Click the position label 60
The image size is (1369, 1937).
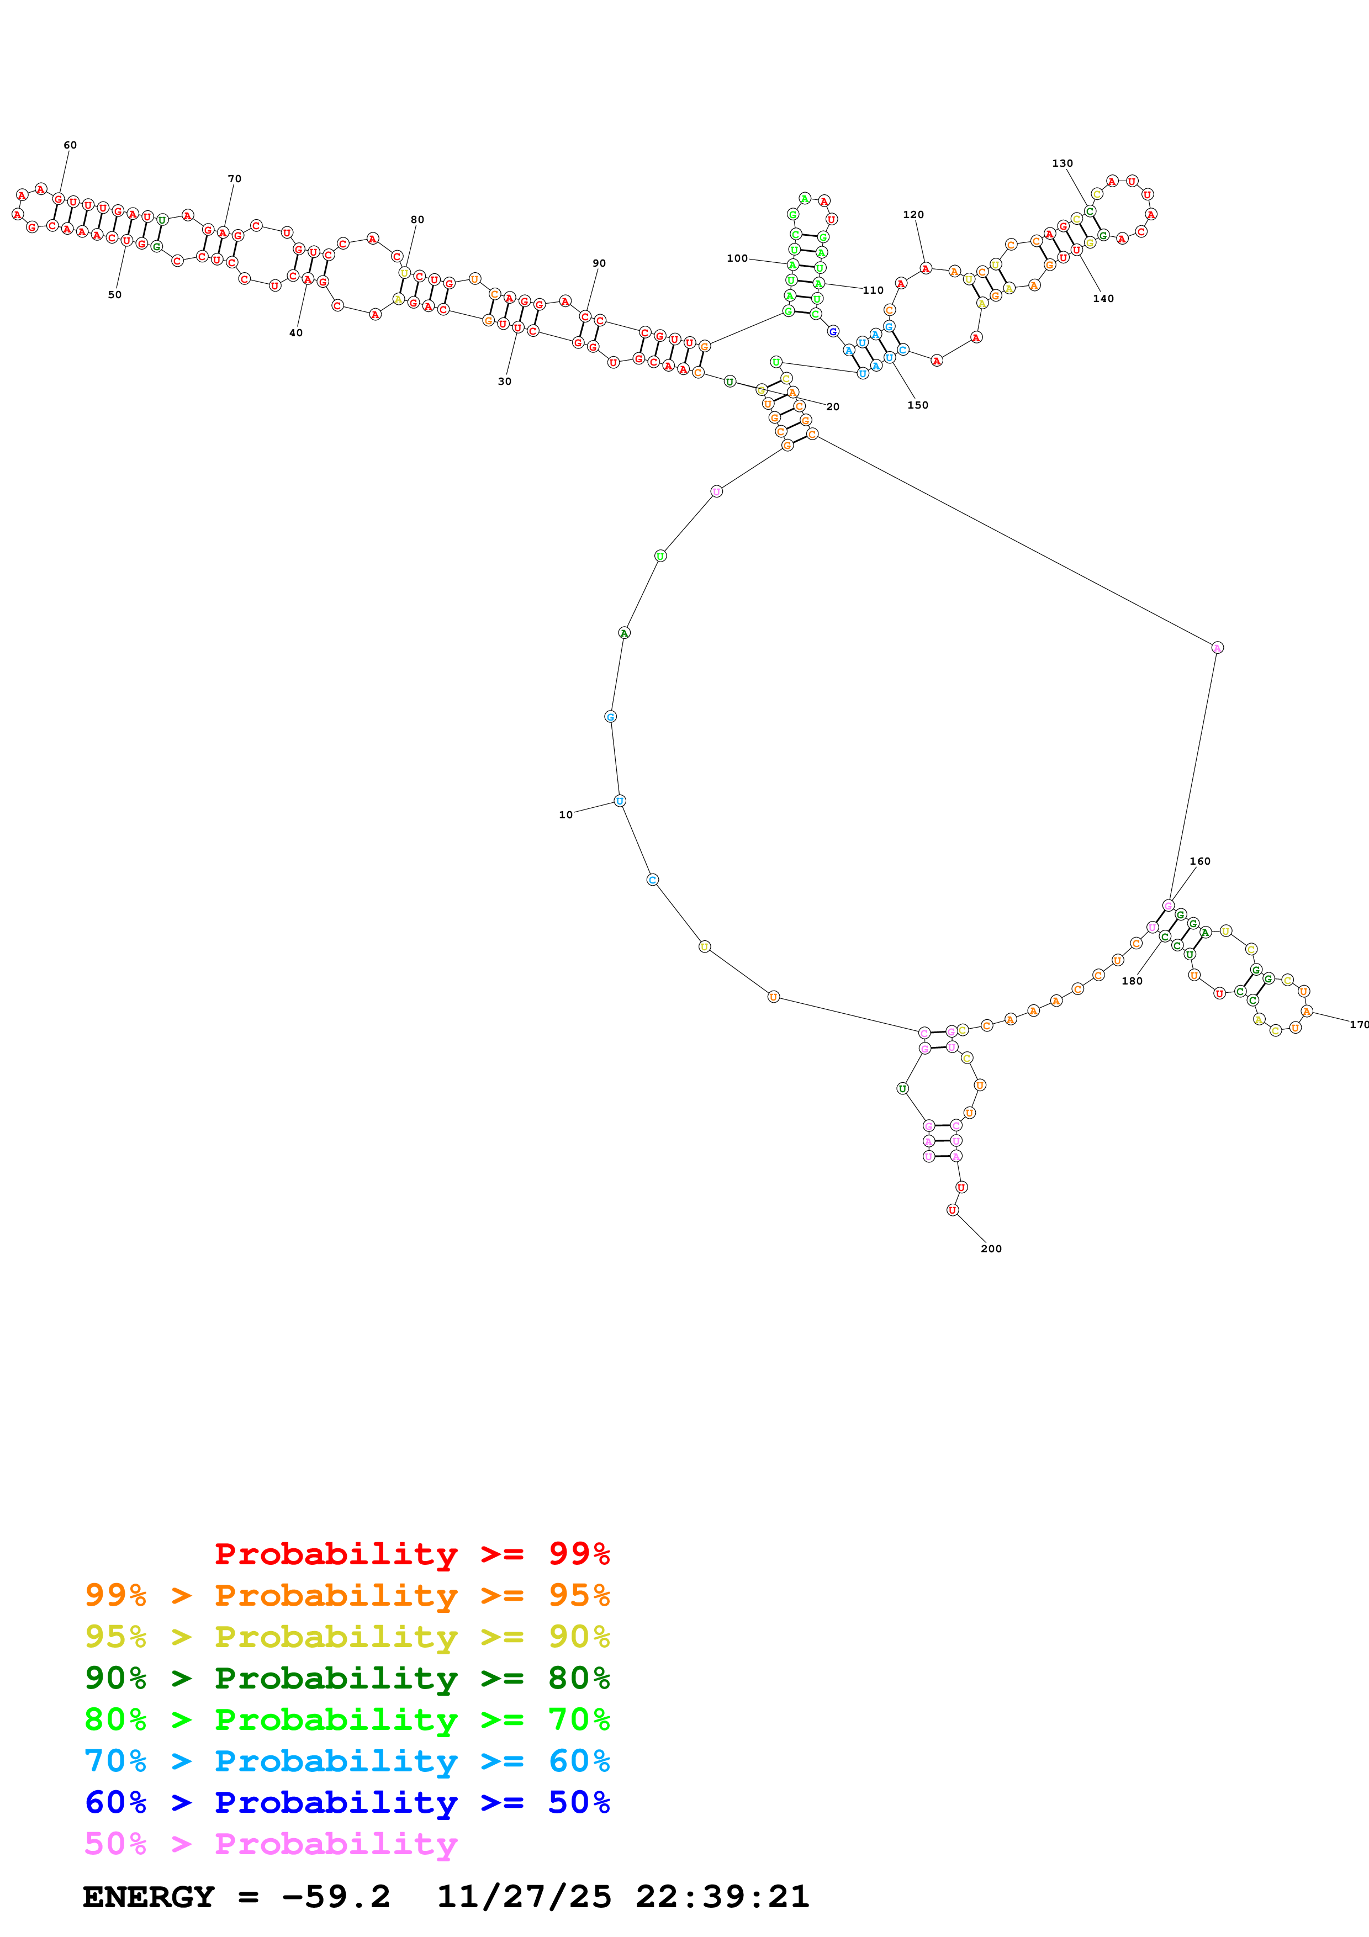70,145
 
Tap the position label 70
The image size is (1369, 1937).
235,179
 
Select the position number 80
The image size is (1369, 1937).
417,219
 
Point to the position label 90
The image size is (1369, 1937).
599,263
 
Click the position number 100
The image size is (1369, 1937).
737,258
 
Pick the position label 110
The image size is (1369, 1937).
873,290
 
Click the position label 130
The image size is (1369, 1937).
1063,163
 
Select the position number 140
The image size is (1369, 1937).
1103,299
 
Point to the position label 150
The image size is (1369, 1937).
918,405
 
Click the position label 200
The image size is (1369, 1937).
991,1248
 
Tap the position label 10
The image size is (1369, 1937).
565,815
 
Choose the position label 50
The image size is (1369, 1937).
115,294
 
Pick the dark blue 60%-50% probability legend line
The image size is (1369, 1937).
347,1803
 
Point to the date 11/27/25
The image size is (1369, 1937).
524,1897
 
